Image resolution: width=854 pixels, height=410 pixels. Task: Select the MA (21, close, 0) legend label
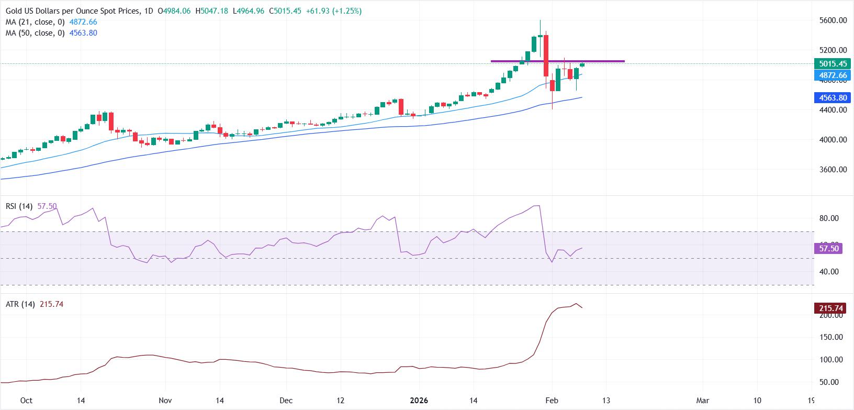click(34, 22)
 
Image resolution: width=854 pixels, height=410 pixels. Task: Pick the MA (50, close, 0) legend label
click(34, 33)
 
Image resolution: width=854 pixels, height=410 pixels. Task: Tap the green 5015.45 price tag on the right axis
click(833, 64)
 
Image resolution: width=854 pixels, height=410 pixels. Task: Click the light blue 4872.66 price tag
click(833, 75)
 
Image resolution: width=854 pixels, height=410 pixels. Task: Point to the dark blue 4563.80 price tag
click(833, 98)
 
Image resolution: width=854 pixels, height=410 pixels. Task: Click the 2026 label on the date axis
click(419, 401)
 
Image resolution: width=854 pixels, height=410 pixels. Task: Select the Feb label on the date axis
click(552, 401)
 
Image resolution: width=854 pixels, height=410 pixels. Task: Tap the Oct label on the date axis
click(26, 401)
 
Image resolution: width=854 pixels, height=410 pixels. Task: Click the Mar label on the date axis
click(703, 401)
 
